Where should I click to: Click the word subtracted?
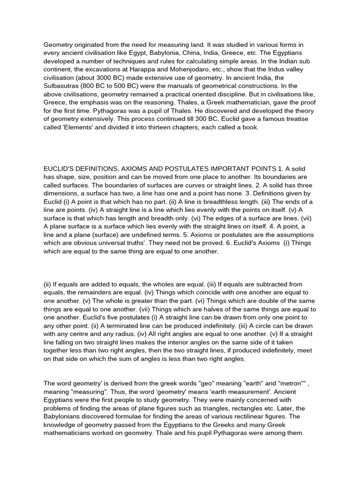(273, 284)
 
